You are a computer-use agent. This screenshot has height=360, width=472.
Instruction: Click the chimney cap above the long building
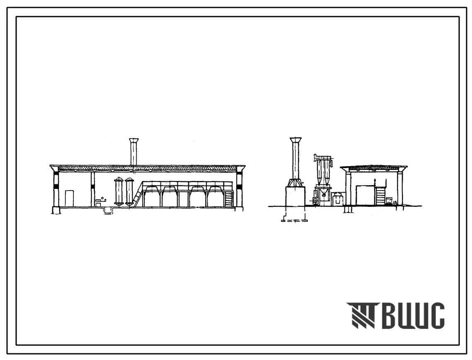pos(134,140)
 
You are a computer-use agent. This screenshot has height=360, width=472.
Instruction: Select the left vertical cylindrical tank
pos(119,192)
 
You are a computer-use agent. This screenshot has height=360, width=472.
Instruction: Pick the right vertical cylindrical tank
pos(129,192)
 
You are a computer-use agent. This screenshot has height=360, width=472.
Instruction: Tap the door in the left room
pos(69,199)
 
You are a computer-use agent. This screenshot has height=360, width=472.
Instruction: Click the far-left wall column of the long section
pos(56,190)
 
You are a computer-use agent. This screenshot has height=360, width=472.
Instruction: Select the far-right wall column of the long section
pos(239,190)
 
